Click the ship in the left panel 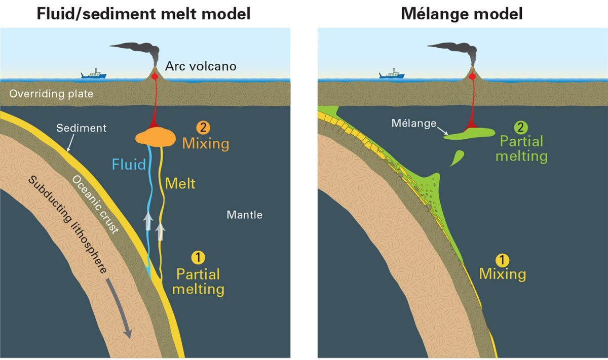[94, 74]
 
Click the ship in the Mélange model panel [392, 74]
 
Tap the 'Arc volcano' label [201, 66]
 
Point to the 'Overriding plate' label [51, 94]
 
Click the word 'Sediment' [82, 128]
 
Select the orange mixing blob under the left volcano [156, 137]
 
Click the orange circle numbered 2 [203, 127]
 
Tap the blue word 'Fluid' [129, 165]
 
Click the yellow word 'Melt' [180, 183]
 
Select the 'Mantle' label [245, 215]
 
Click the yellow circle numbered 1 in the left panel [198, 257]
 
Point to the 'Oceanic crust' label [95, 205]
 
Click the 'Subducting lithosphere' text [68, 224]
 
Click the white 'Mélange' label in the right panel [413, 124]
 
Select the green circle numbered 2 [521, 127]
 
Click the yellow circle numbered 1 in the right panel [502, 260]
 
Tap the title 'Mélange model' [462, 14]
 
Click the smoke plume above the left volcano [139, 52]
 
